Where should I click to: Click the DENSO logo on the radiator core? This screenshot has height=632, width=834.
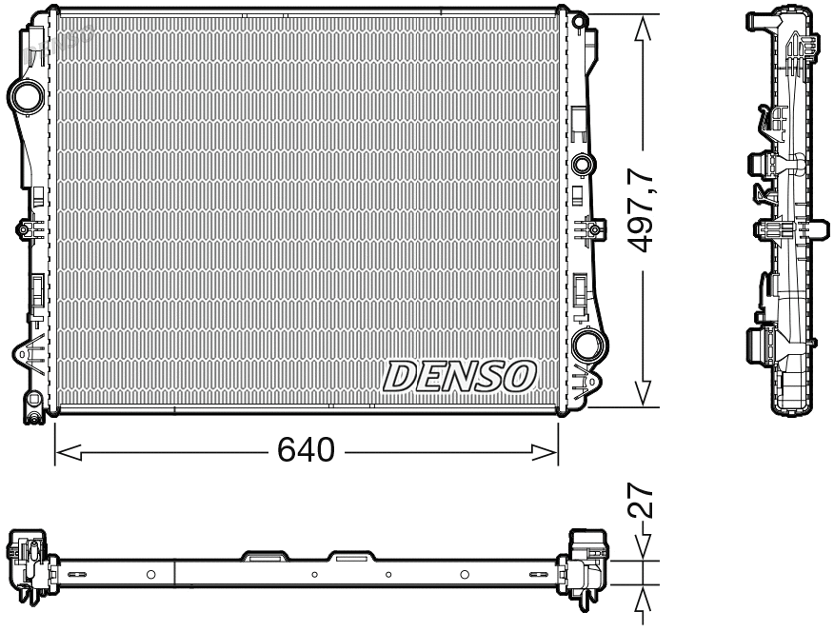[460, 377]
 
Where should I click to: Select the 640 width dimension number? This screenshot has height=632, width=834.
[306, 450]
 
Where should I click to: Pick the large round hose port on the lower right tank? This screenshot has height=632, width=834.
[586, 344]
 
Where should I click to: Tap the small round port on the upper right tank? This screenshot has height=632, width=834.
[582, 165]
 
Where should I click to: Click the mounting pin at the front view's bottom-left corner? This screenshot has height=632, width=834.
[33, 414]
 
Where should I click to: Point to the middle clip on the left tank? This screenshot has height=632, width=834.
[25, 229]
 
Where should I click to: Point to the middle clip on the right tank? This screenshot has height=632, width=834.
[592, 229]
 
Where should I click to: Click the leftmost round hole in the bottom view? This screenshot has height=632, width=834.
[150, 574]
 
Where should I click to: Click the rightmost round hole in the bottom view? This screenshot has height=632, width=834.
[465, 574]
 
